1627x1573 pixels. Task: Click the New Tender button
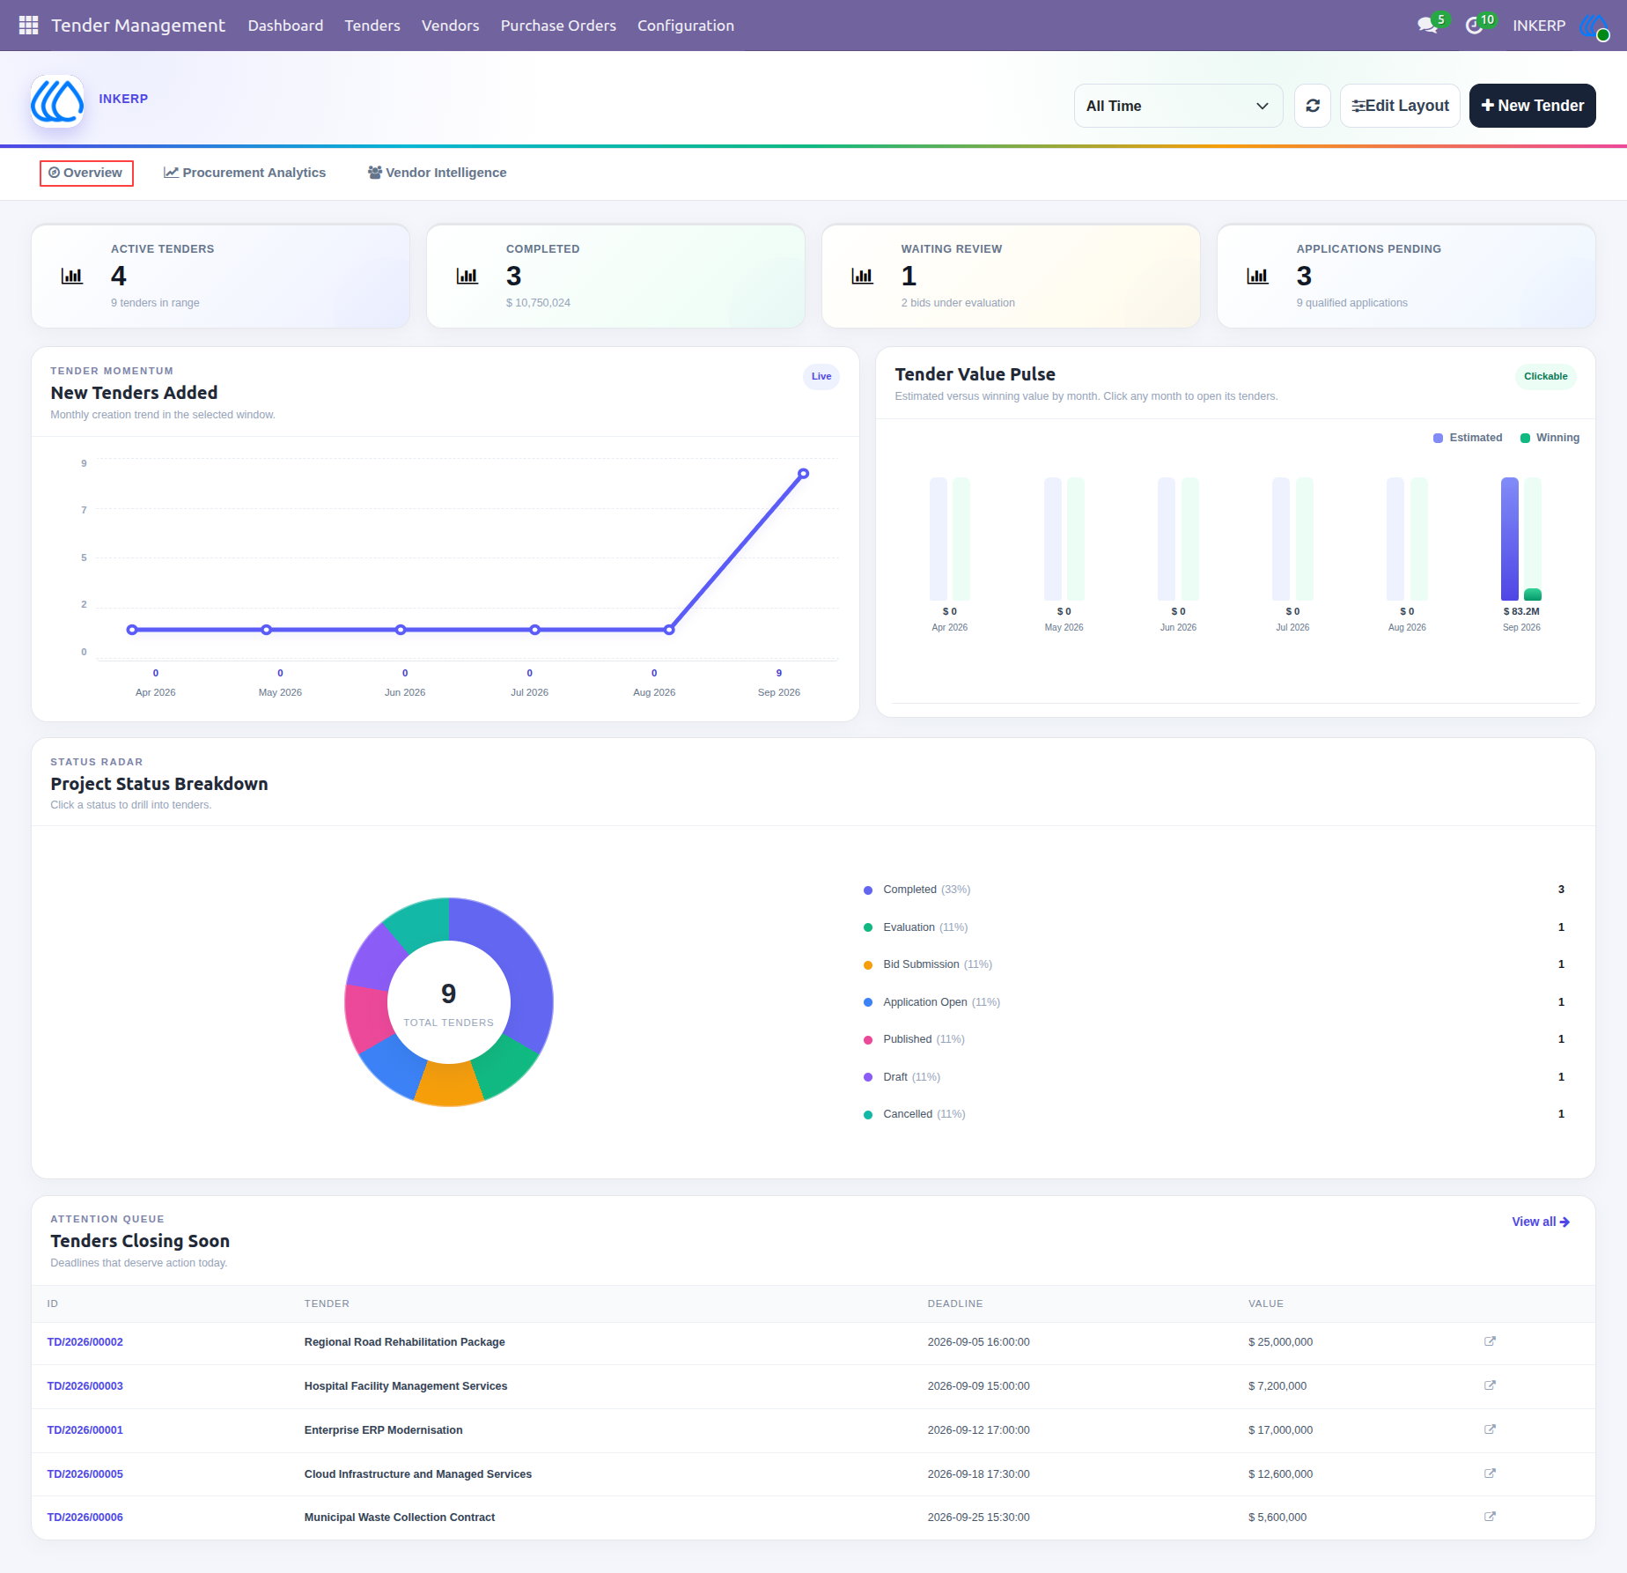click(x=1532, y=106)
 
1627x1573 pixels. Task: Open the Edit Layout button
click(x=1400, y=106)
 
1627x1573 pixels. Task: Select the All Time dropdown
click(x=1178, y=106)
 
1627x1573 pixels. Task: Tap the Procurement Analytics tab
click(x=245, y=173)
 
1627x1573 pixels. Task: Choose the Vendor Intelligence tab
click(x=437, y=173)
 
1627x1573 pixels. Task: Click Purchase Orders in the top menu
click(x=558, y=26)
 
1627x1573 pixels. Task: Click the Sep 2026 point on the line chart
click(x=803, y=474)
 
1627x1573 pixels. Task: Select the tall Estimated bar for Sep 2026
click(x=1509, y=539)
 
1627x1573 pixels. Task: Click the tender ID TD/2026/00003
click(x=85, y=1386)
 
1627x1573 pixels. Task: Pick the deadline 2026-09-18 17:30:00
click(x=978, y=1474)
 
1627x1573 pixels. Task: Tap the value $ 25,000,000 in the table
click(x=1280, y=1342)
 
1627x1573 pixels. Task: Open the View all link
click(x=1541, y=1222)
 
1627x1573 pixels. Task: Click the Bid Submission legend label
click(x=921, y=964)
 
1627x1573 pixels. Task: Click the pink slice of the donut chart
click(x=368, y=1017)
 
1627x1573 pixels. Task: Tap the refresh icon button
click(x=1312, y=106)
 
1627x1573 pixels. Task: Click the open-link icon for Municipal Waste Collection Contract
click(x=1490, y=1517)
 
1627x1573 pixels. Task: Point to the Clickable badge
click(x=1545, y=376)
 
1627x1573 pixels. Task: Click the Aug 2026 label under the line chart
click(x=654, y=692)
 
